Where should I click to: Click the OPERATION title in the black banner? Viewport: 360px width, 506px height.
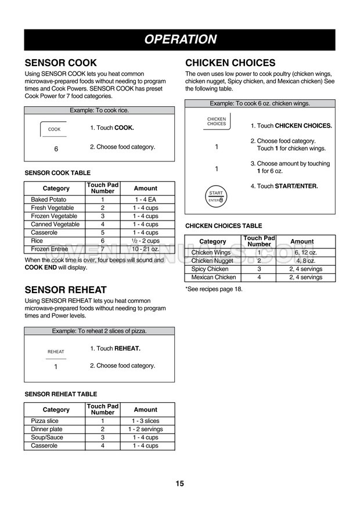coord(180,39)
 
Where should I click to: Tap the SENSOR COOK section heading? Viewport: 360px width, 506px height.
coord(60,63)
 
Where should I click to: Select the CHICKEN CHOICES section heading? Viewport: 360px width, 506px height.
coord(230,63)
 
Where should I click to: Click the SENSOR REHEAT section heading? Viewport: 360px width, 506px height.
coord(66,290)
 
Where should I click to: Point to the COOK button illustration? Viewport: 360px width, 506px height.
coord(54,129)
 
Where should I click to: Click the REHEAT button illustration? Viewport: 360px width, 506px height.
coord(56,352)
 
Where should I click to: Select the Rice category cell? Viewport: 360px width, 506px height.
coord(37,241)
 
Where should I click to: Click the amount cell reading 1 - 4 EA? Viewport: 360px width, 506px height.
coord(145,200)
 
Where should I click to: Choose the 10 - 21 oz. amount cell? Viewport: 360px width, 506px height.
coord(145,249)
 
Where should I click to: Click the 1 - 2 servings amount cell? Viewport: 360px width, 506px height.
coord(145,429)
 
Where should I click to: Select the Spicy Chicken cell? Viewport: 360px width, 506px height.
coord(210,269)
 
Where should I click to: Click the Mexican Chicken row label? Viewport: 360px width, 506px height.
coord(213,277)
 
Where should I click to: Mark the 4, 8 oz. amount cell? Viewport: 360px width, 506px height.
coord(306,261)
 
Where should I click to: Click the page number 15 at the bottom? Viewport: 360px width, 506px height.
coord(179,483)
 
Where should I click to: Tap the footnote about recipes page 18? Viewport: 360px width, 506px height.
coord(214,289)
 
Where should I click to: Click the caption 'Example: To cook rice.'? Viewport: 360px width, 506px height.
coord(99,110)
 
